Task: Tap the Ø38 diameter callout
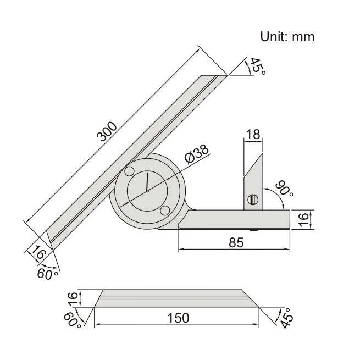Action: pyautogui.click(x=196, y=154)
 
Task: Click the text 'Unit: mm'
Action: pyautogui.click(x=287, y=37)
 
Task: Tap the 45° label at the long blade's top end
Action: pyautogui.click(x=257, y=67)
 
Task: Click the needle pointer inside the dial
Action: pyautogui.click(x=148, y=183)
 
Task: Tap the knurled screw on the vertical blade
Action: pyautogui.click(x=252, y=200)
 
